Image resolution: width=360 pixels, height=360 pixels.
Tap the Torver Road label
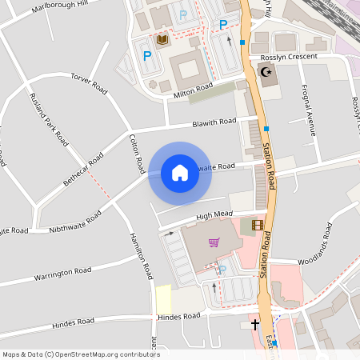(x=89, y=82)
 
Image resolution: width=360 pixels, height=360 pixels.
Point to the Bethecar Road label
(x=83, y=168)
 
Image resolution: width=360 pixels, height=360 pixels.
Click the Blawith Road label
(x=214, y=122)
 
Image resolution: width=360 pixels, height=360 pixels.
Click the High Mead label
(x=214, y=215)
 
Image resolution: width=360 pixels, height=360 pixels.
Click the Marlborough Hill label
(x=59, y=9)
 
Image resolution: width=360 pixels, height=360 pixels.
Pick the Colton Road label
(x=137, y=154)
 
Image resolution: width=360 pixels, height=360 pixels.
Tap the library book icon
(x=162, y=39)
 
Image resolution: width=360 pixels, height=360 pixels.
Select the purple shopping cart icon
(x=214, y=242)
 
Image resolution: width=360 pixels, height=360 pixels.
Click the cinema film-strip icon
(x=257, y=226)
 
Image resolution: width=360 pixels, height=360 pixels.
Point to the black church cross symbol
(x=255, y=325)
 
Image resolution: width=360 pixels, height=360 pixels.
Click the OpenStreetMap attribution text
(x=81, y=354)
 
